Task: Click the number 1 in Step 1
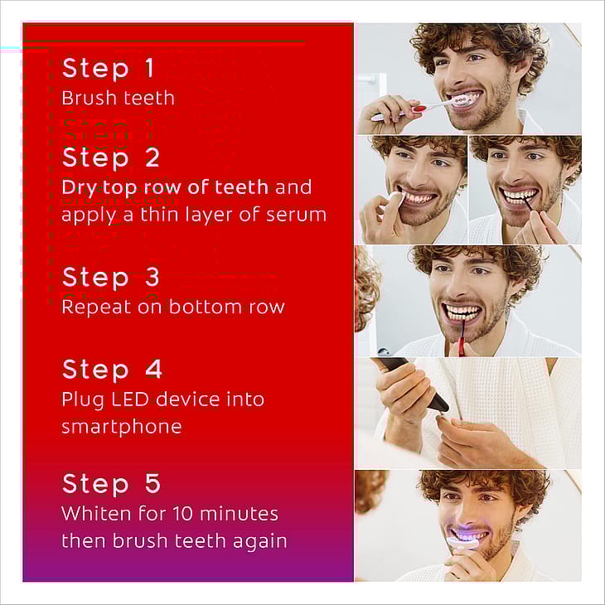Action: coord(150,68)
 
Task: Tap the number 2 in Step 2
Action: coord(152,157)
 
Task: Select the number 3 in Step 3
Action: coord(152,277)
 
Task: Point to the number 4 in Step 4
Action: coord(153,369)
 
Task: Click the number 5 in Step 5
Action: coord(152,483)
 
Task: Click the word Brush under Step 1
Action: coord(85,98)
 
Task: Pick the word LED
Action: coord(130,399)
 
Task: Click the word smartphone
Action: coord(122,427)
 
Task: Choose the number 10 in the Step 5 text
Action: coord(183,514)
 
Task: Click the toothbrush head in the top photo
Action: coord(459,101)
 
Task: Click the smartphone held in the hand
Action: coord(414,382)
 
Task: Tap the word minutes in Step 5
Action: coord(239,514)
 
